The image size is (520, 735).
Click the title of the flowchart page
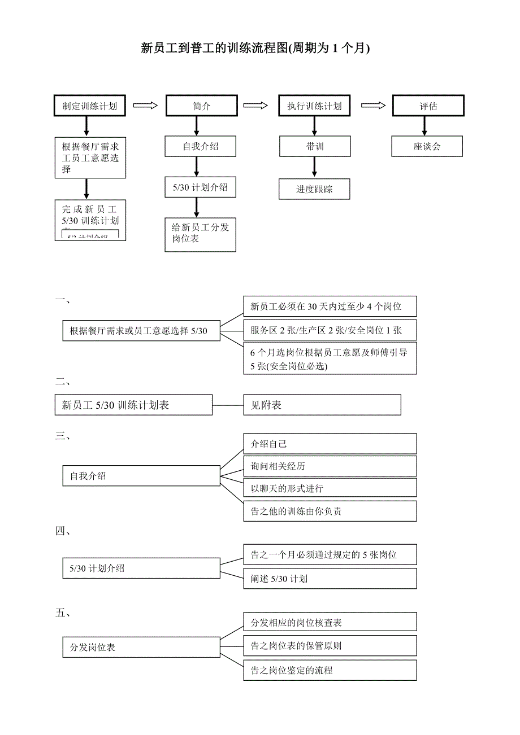(255, 49)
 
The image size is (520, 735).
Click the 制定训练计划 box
(90, 106)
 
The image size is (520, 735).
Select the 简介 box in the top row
(201, 106)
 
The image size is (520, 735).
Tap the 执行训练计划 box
(314, 106)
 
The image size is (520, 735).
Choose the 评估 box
(428, 106)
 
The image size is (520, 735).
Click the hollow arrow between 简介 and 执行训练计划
(255, 105)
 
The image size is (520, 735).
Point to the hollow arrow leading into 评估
(374, 105)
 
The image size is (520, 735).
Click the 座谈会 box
(427, 146)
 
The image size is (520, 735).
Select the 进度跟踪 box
(314, 189)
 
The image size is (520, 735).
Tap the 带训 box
(314, 146)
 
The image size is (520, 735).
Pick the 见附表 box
(322, 405)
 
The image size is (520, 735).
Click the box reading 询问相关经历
(330, 466)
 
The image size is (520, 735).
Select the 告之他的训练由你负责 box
(330, 511)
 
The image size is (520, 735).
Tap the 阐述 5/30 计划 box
(330, 578)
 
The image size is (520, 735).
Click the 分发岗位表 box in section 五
(141, 647)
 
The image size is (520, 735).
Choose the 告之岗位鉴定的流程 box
(330, 670)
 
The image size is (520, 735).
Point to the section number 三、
(63, 436)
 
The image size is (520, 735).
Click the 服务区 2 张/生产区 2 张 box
(330, 330)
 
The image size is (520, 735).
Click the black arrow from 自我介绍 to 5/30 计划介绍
(197, 167)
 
